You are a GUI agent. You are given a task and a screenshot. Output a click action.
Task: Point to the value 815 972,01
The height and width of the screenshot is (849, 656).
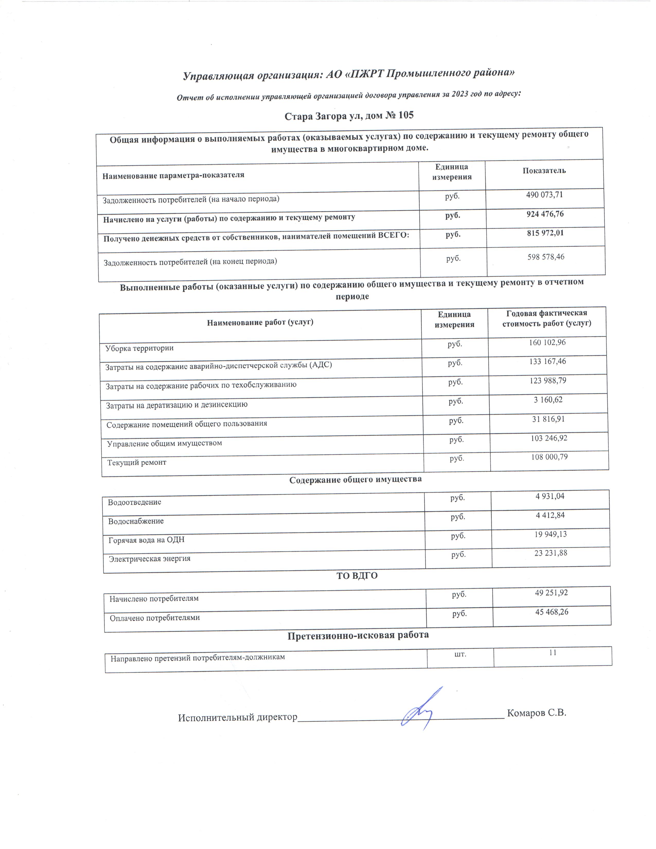[545, 233]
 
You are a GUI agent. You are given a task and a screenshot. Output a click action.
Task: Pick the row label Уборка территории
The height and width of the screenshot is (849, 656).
[139, 348]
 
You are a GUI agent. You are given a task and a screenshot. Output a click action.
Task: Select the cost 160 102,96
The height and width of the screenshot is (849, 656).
[547, 342]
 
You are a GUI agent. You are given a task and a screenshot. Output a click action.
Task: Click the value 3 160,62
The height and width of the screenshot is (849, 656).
[548, 400]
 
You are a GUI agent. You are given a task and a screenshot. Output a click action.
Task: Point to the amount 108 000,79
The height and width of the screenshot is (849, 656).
[549, 457]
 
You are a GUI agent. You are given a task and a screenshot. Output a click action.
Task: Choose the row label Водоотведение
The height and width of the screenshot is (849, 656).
[135, 502]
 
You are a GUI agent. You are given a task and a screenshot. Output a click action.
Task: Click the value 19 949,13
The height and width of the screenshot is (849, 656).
[550, 534]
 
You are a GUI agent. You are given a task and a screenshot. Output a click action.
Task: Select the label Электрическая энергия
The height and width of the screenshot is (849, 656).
[150, 559]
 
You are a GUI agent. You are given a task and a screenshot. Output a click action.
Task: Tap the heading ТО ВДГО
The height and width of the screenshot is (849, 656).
[357, 576]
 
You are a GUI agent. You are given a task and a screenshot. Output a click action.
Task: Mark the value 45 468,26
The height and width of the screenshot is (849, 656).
[552, 612]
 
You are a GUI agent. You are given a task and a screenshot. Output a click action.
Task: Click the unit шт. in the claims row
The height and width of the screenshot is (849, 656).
[460, 654]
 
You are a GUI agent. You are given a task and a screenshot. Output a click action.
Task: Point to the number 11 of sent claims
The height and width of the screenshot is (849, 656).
[553, 653]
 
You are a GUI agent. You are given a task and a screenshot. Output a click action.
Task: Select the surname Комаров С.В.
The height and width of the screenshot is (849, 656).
[537, 713]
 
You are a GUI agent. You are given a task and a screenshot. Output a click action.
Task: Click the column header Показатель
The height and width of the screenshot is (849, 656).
[544, 171]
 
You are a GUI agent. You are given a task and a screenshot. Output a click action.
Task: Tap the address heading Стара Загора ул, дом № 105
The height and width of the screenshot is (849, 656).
[349, 116]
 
